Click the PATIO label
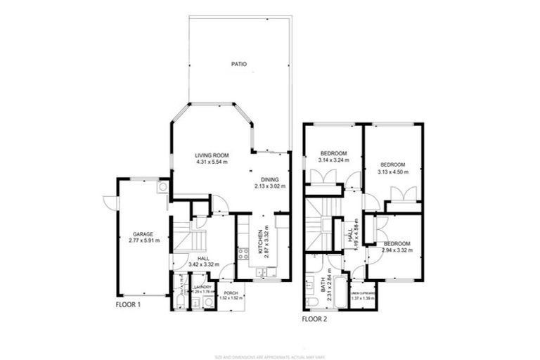click(x=239, y=64)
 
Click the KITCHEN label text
click(x=260, y=241)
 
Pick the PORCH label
click(x=230, y=292)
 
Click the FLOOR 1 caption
click(x=129, y=306)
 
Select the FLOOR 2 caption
click(x=314, y=319)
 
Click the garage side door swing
click(x=110, y=201)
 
